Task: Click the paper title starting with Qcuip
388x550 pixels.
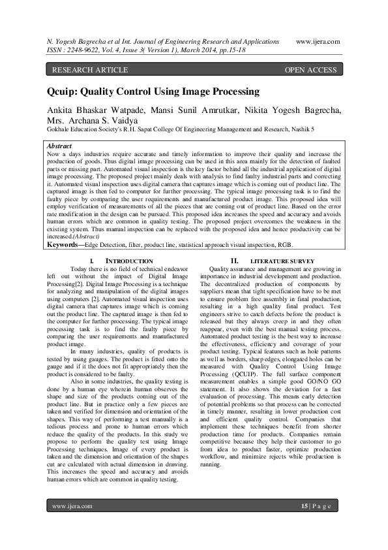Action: pyautogui.click(x=153, y=92)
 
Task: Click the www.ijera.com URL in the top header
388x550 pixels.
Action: pyautogui.click(x=318, y=41)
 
